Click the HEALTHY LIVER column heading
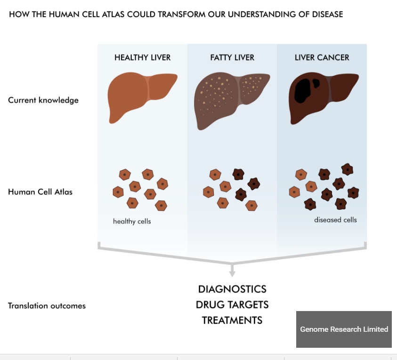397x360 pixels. coord(142,58)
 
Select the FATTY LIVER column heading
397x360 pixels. coord(232,58)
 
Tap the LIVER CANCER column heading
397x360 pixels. coord(322,58)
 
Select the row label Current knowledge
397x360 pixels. coord(43,100)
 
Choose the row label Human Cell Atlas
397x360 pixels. coord(41,192)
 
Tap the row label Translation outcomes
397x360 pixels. coord(47,306)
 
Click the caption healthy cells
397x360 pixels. coord(132,221)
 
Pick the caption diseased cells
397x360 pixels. coord(335,220)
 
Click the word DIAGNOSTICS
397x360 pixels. coord(232,289)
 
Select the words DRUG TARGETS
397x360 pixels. coord(232,304)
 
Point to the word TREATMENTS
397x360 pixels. coord(232,320)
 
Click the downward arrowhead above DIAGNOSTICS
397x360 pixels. coord(232,273)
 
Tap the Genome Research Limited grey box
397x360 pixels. coord(344,329)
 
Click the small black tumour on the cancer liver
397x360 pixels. coord(316,83)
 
